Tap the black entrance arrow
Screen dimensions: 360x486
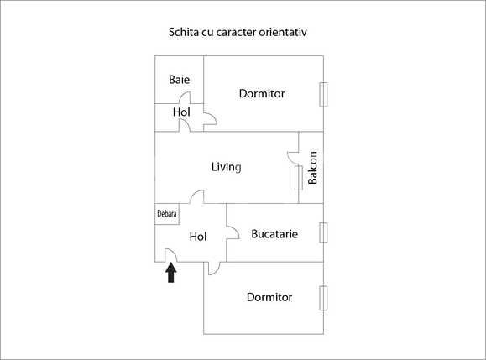pyautogui.click(x=171, y=272)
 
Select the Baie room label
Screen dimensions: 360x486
pyautogui.click(x=179, y=80)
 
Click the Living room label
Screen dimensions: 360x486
pyautogui.click(x=226, y=167)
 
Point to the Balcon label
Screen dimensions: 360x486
pyautogui.click(x=312, y=168)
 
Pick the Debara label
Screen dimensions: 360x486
pyautogui.click(x=167, y=214)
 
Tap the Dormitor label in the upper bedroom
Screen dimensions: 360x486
pyautogui.click(x=262, y=93)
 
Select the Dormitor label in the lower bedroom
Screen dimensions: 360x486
pyautogui.click(x=269, y=297)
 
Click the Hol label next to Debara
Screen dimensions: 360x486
pyautogui.click(x=198, y=237)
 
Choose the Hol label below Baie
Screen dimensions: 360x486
pyautogui.click(x=181, y=112)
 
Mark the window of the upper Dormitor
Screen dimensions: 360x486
pyautogui.click(x=323, y=94)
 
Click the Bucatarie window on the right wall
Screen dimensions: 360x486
pyautogui.click(x=323, y=232)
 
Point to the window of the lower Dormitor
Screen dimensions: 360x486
pyautogui.click(x=323, y=298)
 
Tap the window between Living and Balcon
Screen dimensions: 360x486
pyautogui.click(x=298, y=176)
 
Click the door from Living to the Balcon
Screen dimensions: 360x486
pyautogui.click(x=293, y=154)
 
